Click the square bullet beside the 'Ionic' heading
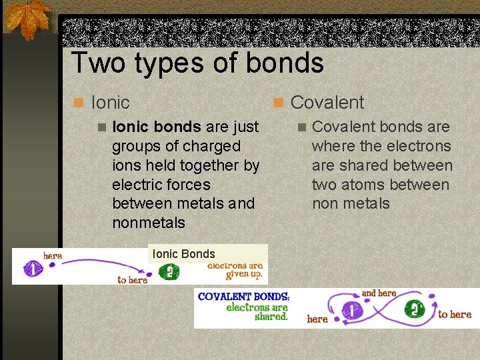tap(79, 103)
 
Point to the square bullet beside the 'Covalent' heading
tap(278, 103)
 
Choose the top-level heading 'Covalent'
tap(327, 103)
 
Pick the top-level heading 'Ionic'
tap(110, 103)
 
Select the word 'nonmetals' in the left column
tap(149, 223)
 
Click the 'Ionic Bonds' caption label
tap(183, 253)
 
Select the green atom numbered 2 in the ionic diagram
tap(169, 272)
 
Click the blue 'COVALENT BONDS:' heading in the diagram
tap(244, 296)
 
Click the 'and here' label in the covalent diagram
tap(379, 293)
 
